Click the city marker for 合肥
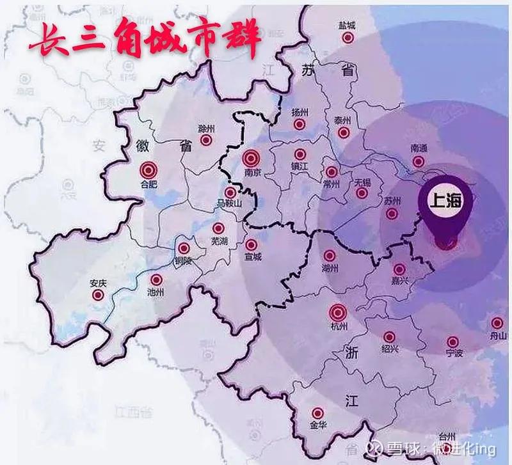148,170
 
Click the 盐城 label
348,26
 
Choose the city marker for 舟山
497,323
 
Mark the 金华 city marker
317,414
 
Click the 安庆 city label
98,283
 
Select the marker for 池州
156,280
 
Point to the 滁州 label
205,128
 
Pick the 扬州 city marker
299,125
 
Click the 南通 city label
419,148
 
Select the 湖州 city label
330,268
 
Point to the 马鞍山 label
231,204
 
